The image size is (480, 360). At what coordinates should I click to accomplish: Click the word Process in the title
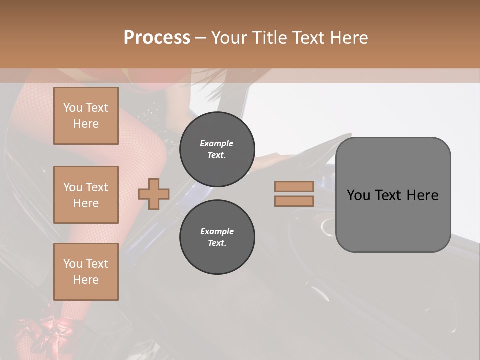point(157,38)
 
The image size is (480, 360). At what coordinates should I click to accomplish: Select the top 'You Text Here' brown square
point(86,116)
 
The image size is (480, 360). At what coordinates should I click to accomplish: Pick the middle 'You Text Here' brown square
point(86,195)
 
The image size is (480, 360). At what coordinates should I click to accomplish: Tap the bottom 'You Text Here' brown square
point(86,272)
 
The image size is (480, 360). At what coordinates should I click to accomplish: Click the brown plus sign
point(154,194)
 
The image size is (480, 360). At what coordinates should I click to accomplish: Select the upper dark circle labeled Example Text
point(217,149)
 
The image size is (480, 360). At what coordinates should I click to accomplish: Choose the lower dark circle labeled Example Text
point(217,237)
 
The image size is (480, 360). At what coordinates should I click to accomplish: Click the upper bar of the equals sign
point(294,187)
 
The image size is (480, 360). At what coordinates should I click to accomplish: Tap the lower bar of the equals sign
point(294,201)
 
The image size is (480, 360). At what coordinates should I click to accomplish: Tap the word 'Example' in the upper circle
point(217,143)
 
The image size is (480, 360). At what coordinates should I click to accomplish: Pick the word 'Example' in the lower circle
point(217,231)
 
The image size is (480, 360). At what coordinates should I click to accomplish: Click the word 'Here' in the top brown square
point(86,124)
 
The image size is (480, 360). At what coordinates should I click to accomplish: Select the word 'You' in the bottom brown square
point(73,264)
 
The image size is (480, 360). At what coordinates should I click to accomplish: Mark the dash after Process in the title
point(201,38)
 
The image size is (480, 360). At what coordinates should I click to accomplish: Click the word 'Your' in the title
point(229,38)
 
